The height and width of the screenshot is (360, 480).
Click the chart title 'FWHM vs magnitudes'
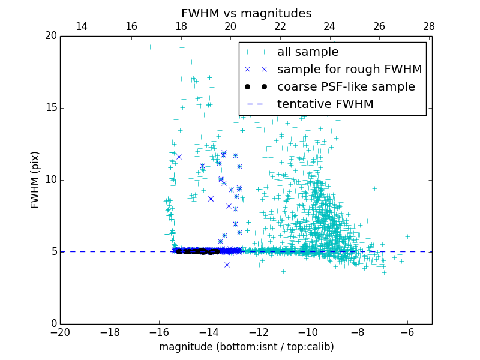pyautogui.click(x=246, y=13)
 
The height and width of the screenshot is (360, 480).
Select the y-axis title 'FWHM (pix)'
pyautogui.click(x=35, y=179)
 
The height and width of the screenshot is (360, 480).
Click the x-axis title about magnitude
pyautogui.click(x=246, y=347)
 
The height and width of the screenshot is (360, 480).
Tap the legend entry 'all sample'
pyautogui.click(x=308, y=52)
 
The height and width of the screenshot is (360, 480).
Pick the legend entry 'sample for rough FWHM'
pyautogui.click(x=349, y=70)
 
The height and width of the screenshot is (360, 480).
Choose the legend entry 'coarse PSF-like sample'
pyautogui.click(x=346, y=87)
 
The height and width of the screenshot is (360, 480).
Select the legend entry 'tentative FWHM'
pyautogui.click(x=325, y=104)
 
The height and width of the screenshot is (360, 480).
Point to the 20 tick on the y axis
pyautogui.click(x=50, y=36)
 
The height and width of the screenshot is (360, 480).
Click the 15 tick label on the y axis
pyautogui.click(x=50, y=108)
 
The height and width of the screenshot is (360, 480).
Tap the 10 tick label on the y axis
pyautogui.click(x=50, y=180)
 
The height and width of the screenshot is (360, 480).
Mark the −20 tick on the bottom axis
pyautogui.click(x=60, y=331)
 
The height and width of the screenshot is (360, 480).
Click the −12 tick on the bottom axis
pyautogui.click(x=259, y=331)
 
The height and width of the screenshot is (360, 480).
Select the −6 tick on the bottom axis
pyautogui.click(x=407, y=331)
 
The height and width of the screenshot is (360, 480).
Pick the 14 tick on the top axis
pyautogui.click(x=82, y=26)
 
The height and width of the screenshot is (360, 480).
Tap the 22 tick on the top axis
pyautogui.click(x=280, y=26)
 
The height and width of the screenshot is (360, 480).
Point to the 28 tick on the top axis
pyautogui.click(x=429, y=26)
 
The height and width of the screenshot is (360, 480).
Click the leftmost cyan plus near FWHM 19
pyautogui.click(x=150, y=47)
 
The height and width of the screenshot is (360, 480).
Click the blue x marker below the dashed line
pyautogui.click(x=227, y=265)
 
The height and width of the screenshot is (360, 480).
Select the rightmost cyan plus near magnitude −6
pyautogui.click(x=407, y=236)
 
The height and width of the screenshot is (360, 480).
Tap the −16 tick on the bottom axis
pyautogui.click(x=159, y=331)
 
